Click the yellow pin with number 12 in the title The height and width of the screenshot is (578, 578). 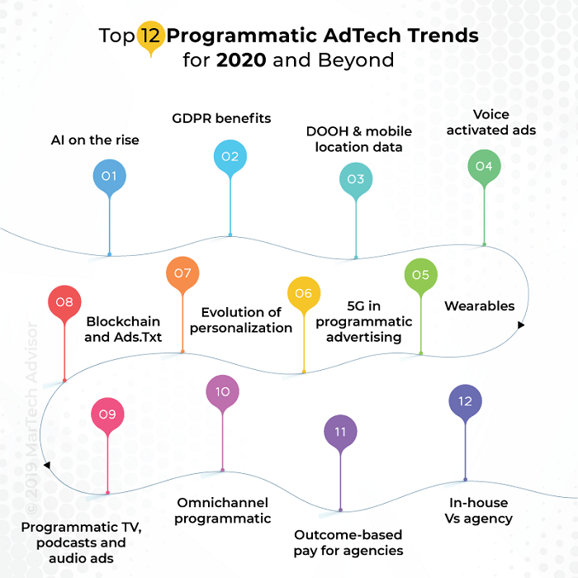click(x=149, y=37)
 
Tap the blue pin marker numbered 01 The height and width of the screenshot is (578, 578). click(x=109, y=177)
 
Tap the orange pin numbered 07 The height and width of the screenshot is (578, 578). click(x=182, y=274)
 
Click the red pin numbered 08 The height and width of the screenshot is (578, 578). click(x=64, y=303)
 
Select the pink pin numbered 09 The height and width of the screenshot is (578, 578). click(x=107, y=415)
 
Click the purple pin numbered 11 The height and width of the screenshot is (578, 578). click(x=340, y=432)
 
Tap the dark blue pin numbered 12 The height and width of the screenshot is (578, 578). click(x=465, y=401)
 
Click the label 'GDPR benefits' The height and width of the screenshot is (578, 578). click(x=233, y=119)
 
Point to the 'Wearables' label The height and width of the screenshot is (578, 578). click(x=479, y=306)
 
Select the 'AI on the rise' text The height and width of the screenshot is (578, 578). click(x=95, y=140)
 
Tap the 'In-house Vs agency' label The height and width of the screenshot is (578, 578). click(x=478, y=510)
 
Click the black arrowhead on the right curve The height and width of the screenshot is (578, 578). click(x=520, y=325)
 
